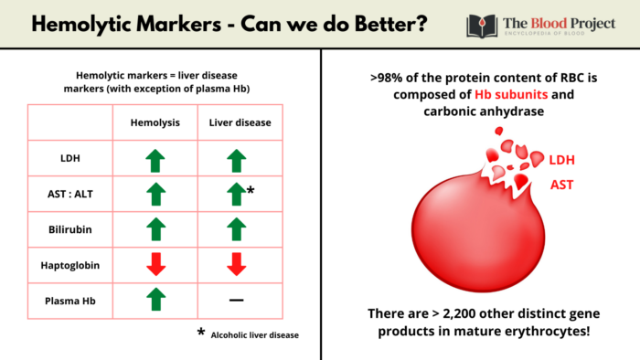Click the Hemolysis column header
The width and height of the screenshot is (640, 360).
point(155,122)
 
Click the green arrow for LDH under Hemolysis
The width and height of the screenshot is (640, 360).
point(155,160)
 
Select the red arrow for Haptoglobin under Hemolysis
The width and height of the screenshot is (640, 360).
point(155,264)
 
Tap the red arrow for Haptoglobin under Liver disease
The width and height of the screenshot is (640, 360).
point(237,264)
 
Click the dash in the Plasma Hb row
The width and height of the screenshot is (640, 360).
point(237,300)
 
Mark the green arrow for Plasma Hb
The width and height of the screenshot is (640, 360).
point(155,299)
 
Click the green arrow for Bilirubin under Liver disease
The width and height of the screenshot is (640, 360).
point(237,228)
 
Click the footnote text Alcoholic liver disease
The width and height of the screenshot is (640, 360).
point(254,334)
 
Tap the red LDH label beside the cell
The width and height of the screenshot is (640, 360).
point(563,160)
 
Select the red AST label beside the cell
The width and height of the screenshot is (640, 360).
point(561,185)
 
